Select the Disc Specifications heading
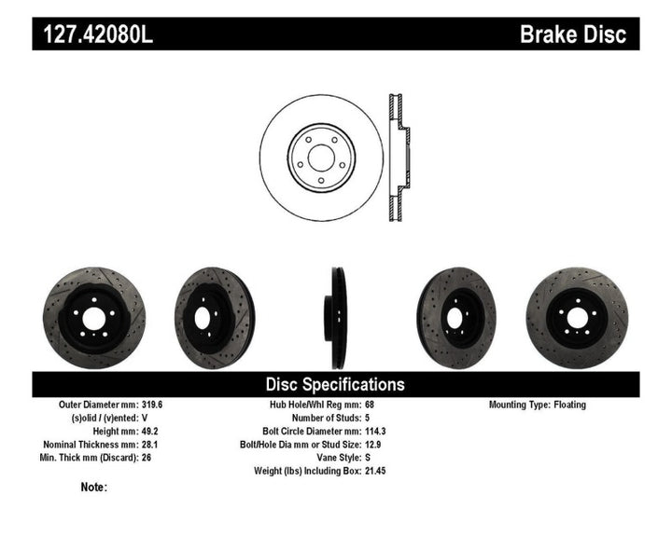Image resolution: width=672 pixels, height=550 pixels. pyautogui.click(x=335, y=384)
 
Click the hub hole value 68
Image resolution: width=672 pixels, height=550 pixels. pyautogui.click(x=369, y=406)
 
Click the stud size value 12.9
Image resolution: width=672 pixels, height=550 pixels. pyautogui.click(x=371, y=445)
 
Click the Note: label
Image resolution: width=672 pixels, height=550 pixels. pyautogui.click(x=93, y=487)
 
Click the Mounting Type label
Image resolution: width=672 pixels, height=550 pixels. pyautogui.click(x=524, y=406)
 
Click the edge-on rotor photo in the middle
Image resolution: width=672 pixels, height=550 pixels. pyautogui.click(x=336, y=317)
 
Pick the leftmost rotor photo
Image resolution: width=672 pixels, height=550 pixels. pyautogui.click(x=93, y=317)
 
